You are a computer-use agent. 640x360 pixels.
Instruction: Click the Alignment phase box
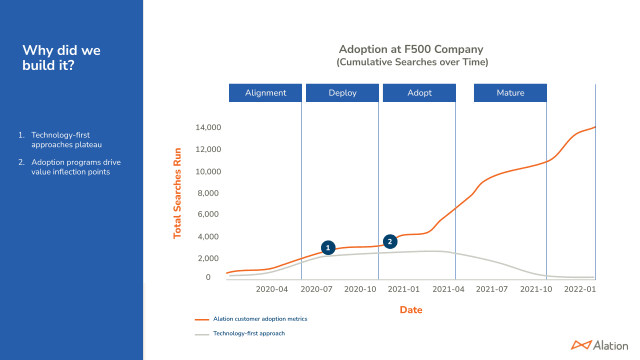click(265, 93)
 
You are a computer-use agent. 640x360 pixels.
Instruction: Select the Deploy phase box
click(342, 93)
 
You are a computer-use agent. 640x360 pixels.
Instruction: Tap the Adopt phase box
click(419, 93)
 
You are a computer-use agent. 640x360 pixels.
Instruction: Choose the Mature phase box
click(510, 93)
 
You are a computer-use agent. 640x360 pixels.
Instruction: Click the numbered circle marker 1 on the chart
click(328, 247)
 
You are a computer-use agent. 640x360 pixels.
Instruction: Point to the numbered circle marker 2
click(390, 241)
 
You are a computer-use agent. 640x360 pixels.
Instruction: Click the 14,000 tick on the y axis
click(208, 127)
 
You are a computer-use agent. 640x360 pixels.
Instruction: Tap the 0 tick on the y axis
click(208, 277)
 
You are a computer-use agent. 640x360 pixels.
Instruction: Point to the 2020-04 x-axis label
click(272, 289)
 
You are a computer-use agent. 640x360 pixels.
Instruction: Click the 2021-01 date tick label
click(404, 289)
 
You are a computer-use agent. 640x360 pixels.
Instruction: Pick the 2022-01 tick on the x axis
click(580, 289)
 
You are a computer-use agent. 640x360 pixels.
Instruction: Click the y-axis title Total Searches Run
click(177, 193)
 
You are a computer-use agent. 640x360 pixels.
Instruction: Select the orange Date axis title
click(411, 310)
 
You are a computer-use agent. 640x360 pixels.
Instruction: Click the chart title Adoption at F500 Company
click(411, 49)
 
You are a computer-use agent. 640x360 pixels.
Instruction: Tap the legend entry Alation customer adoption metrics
click(260, 319)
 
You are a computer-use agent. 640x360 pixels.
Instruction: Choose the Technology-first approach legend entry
click(248, 333)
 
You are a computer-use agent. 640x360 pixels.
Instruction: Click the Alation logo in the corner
click(599, 345)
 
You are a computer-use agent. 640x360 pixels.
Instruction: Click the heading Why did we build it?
click(61, 57)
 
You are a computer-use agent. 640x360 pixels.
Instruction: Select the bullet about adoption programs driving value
click(75, 167)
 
